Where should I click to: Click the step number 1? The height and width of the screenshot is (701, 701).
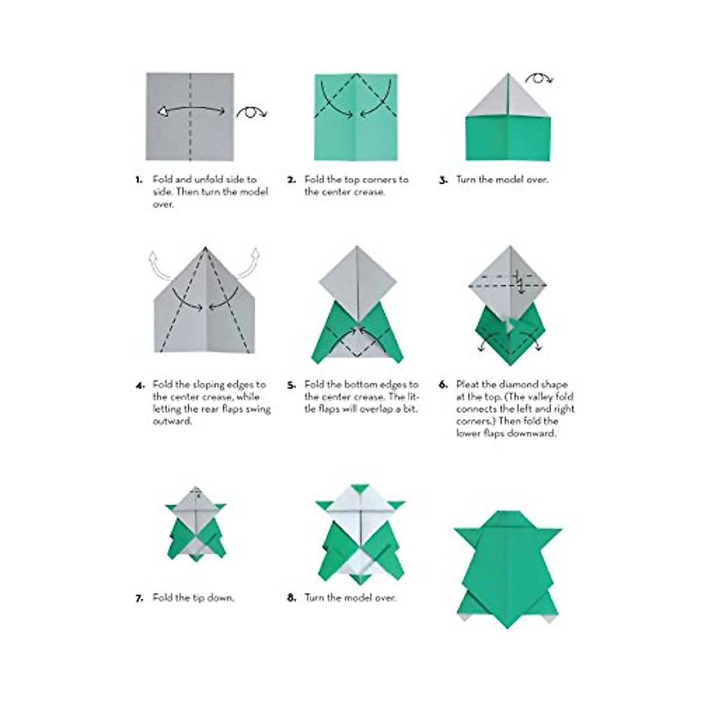coord(139,180)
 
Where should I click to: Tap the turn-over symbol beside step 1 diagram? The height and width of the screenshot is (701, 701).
coord(251,112)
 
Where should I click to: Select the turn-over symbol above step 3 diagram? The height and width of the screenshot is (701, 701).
coord(539,78)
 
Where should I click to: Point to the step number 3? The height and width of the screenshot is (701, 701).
coord(443,180)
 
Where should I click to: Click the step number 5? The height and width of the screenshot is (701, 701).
coord(291,385)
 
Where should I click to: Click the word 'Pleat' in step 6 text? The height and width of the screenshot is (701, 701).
coord(467,384)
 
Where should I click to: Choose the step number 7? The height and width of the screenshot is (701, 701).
coord(139,598)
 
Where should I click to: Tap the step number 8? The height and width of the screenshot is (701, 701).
coord(291,598)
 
